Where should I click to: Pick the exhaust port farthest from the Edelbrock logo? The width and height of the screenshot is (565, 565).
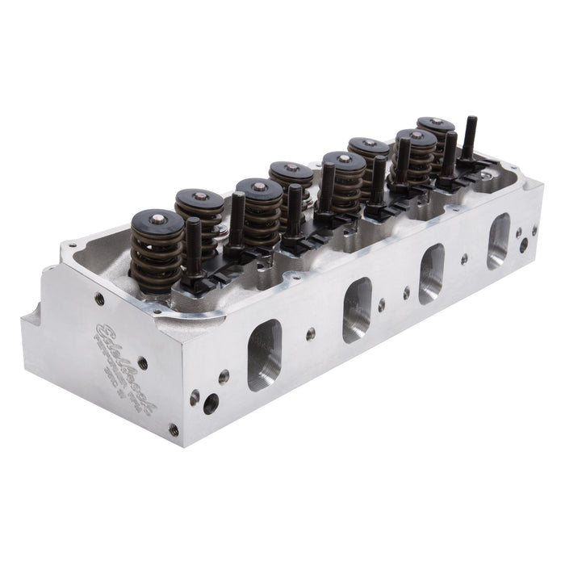pyautogui.click(x=498, y=240)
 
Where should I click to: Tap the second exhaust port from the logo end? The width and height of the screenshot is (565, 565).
pyautogui.click(x=357, y=308)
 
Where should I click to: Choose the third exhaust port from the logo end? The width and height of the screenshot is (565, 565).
pyautogui.click(x=431, y=272)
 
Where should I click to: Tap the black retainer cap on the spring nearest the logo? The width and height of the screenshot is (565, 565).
pyautogui.click(x=157, y=220)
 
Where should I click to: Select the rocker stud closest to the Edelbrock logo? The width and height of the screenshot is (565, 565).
pyautogui.click(x=193, y=242)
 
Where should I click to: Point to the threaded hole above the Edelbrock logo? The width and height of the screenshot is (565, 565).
pyautogui.click(x=99, y=299)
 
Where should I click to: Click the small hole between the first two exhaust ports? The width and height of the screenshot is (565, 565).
pyautogui.click(x=311, y=333)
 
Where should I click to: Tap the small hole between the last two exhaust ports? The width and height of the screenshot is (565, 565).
pyautogui.click(x=464, y=259)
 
